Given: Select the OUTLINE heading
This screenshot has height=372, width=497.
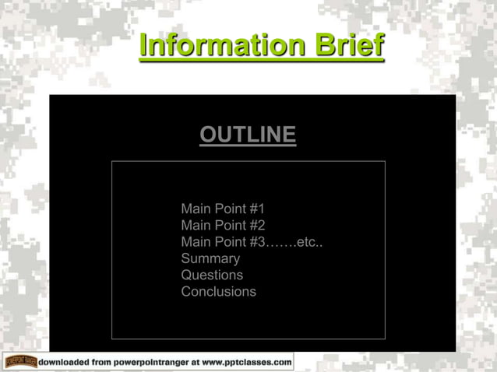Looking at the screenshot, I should point(248,135).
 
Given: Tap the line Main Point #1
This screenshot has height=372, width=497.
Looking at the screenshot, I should point(223,209).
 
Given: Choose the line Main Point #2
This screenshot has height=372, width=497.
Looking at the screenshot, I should point(223,226).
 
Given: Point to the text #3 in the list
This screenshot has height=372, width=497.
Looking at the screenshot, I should point(256,242).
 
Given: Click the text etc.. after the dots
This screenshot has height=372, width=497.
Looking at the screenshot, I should point(310,242).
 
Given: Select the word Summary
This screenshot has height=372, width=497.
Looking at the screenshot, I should point(210,258).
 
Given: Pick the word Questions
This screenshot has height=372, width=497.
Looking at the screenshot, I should point(212,275).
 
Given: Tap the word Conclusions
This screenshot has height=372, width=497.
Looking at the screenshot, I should point(218,292).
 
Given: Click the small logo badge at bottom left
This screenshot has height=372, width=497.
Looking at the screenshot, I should point(20,362).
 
